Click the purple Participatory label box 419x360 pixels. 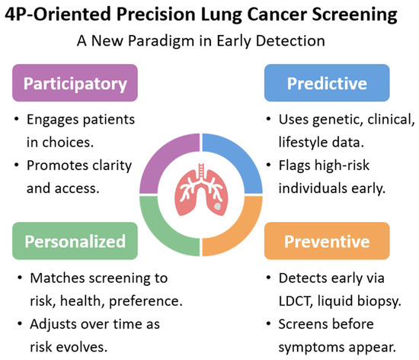[75, 83]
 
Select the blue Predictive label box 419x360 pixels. [327, 83]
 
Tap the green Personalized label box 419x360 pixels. [75, 241]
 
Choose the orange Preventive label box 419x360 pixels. [327, 241]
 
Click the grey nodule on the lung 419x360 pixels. [218, 206]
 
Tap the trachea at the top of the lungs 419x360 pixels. [201, 170]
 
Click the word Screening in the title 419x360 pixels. [354, 14]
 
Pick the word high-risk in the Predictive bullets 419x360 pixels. [342, 166]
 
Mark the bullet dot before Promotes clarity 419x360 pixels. [17, 165]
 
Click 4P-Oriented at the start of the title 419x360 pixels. [58, 14]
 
